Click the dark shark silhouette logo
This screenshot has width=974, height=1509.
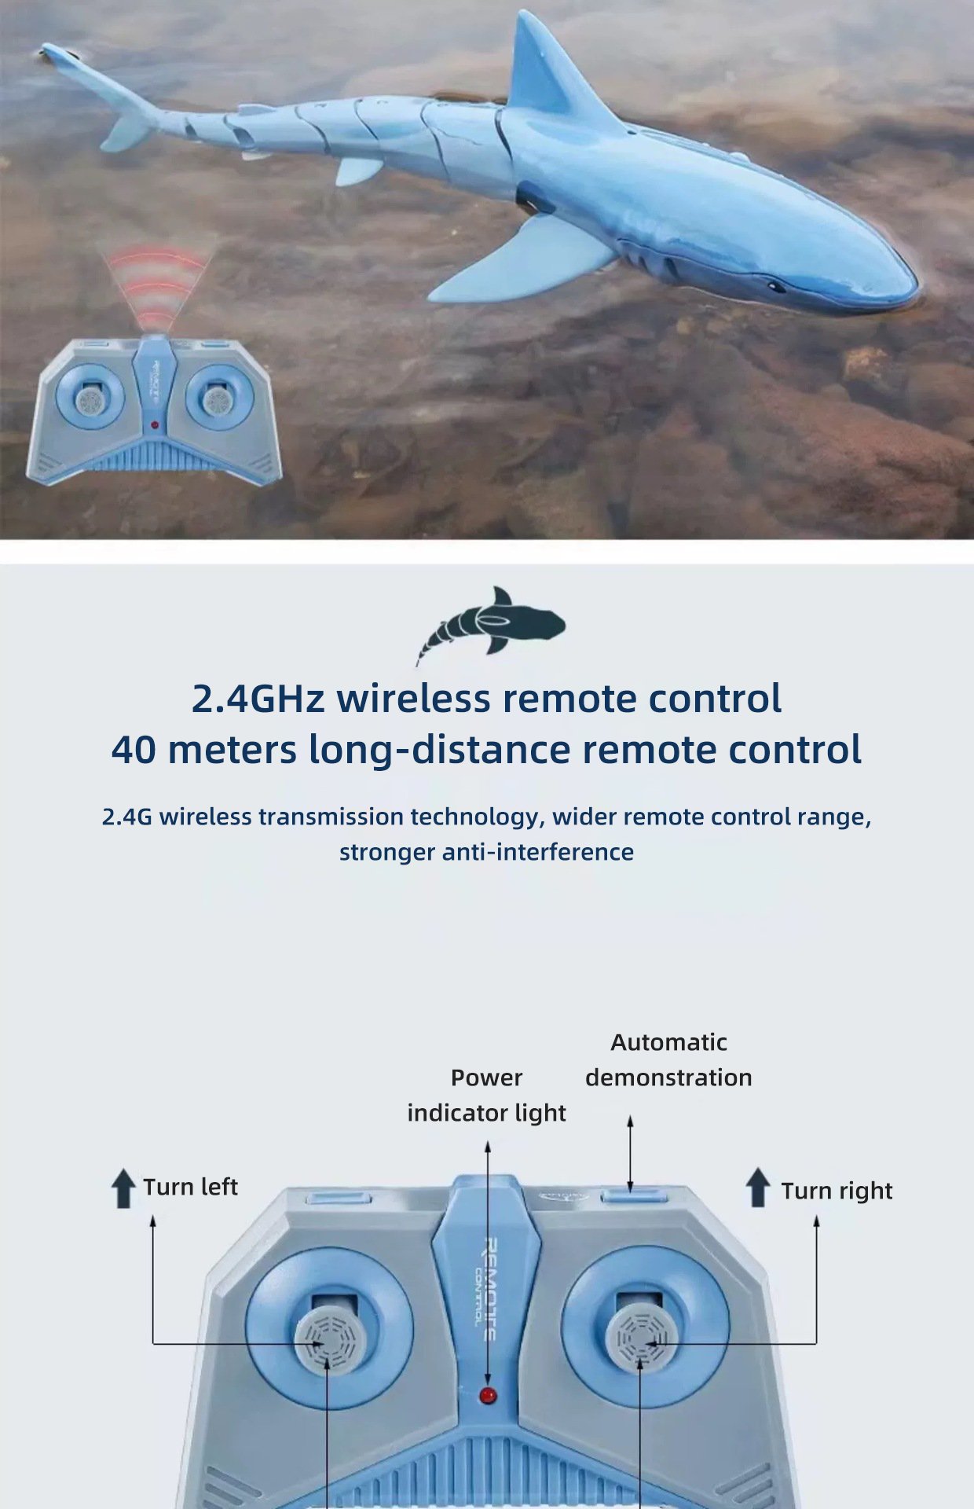[490, 626]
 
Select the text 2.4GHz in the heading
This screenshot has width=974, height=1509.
[258, 698]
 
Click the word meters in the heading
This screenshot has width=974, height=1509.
[232, 749]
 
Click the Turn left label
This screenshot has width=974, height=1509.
[190, 1187]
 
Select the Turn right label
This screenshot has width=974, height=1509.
[837, 1191]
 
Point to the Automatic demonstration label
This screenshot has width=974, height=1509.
[668, 1059]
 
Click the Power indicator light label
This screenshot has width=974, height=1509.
[486, 1095]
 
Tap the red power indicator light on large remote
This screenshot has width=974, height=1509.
[488, 1397]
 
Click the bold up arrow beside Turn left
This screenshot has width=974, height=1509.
[123, 1188]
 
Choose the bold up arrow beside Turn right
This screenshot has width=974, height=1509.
[758, 1187]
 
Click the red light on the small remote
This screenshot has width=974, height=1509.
[155, 425]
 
